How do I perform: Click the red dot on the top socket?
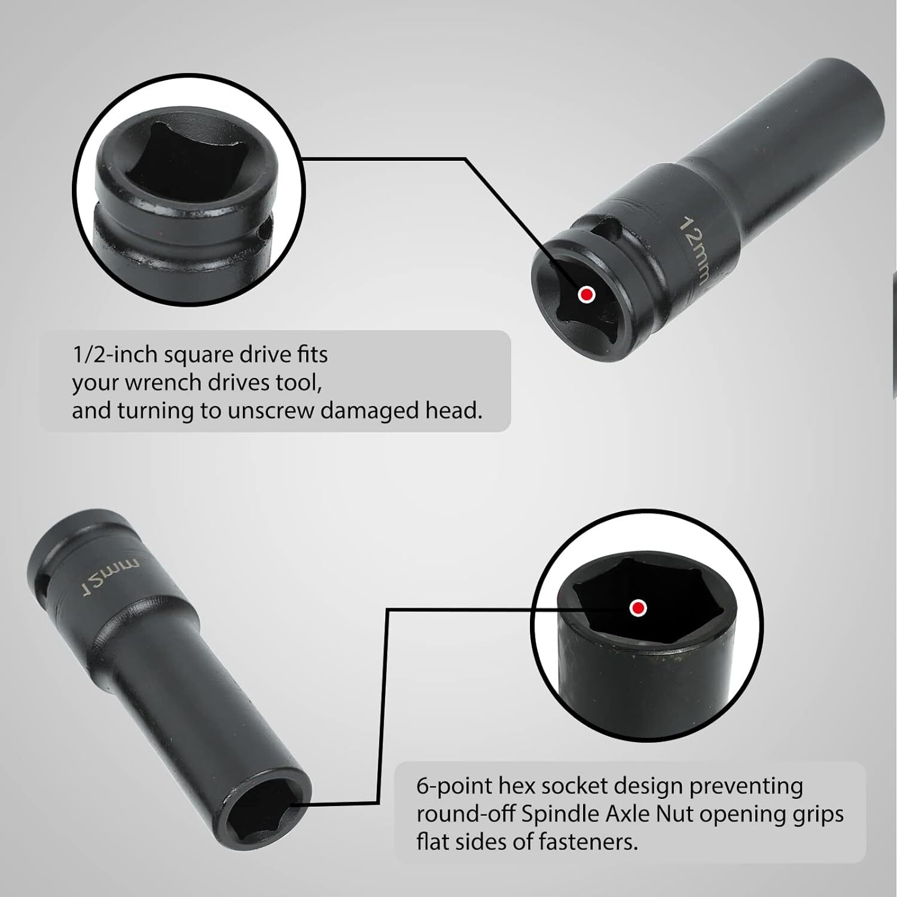[587, 294]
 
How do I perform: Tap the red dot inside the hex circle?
[639, 608]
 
